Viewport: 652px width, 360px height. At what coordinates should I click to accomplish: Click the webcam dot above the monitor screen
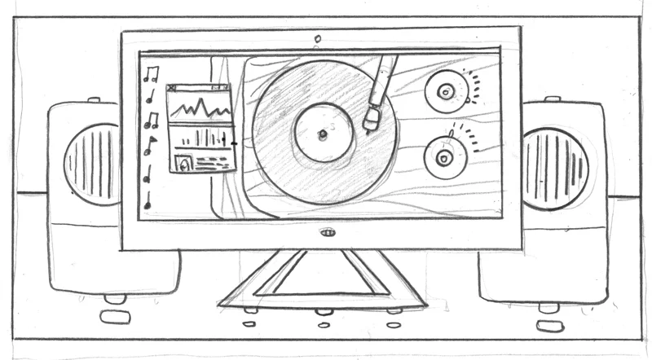(318, 37)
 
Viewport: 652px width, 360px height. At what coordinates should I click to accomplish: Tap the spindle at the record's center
(322, 133)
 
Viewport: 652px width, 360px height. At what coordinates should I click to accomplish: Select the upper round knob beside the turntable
(445, 92)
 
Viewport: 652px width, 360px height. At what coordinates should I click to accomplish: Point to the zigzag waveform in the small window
(200, 105)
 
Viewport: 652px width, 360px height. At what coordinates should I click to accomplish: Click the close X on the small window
(172, 88)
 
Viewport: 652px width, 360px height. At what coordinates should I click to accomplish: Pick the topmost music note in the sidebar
(150, 74)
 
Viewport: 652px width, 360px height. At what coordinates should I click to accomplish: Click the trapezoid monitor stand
(322, 281)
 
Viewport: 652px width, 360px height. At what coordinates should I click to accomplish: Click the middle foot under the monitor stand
(323, 311)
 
